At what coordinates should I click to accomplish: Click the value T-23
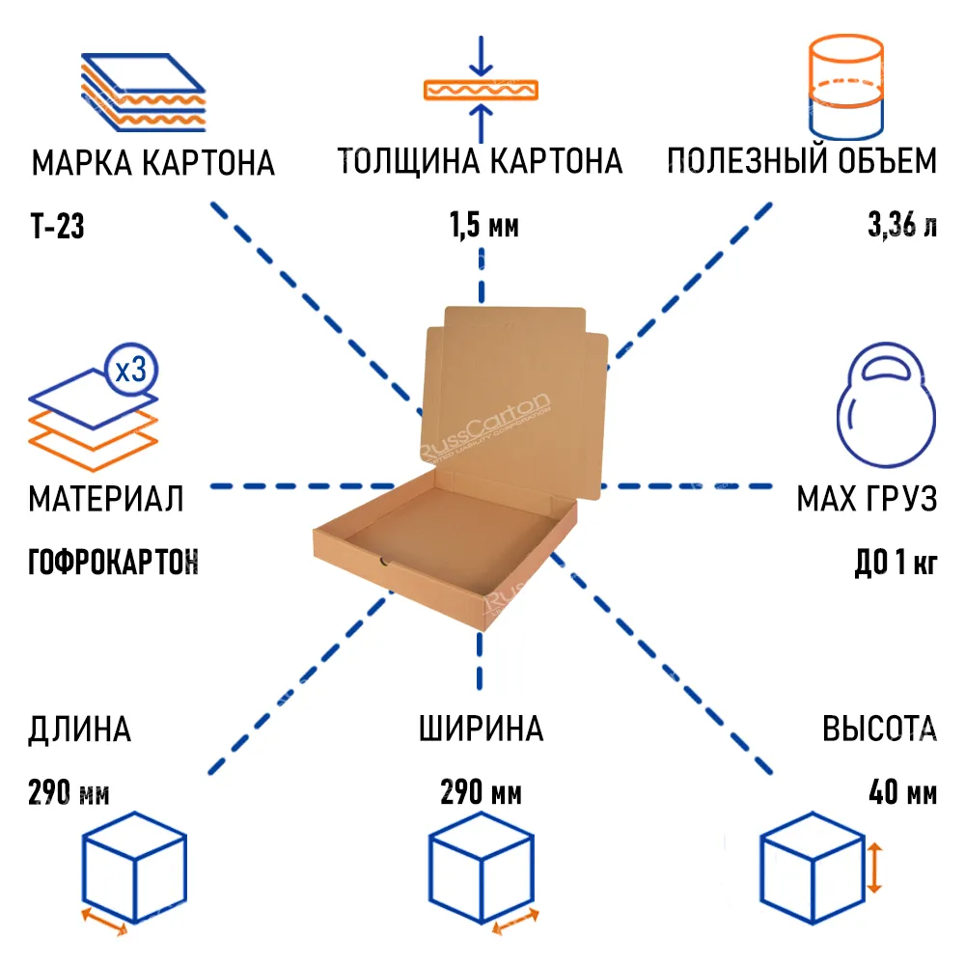click(58, 228)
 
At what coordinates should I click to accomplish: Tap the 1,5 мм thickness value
click(483, 227)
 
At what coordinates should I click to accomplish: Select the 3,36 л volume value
click(901, 227)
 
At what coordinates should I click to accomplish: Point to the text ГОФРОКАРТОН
click(114, 562)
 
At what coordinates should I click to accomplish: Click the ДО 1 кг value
click(896, 562)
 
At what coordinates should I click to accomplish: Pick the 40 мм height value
click(902, 793)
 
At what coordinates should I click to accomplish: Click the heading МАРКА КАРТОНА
click(153, 163)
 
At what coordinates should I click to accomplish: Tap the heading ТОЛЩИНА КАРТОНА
click(480, 161)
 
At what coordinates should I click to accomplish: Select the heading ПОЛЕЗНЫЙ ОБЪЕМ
click(801, 161)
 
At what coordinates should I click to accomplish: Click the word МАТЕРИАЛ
click(106, 499)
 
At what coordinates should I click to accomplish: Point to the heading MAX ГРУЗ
click(866, 499)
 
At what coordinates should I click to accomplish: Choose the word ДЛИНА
click(80, 730)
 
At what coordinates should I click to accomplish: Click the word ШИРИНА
click(481, 730)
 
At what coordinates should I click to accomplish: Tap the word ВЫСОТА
click(879, 730)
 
